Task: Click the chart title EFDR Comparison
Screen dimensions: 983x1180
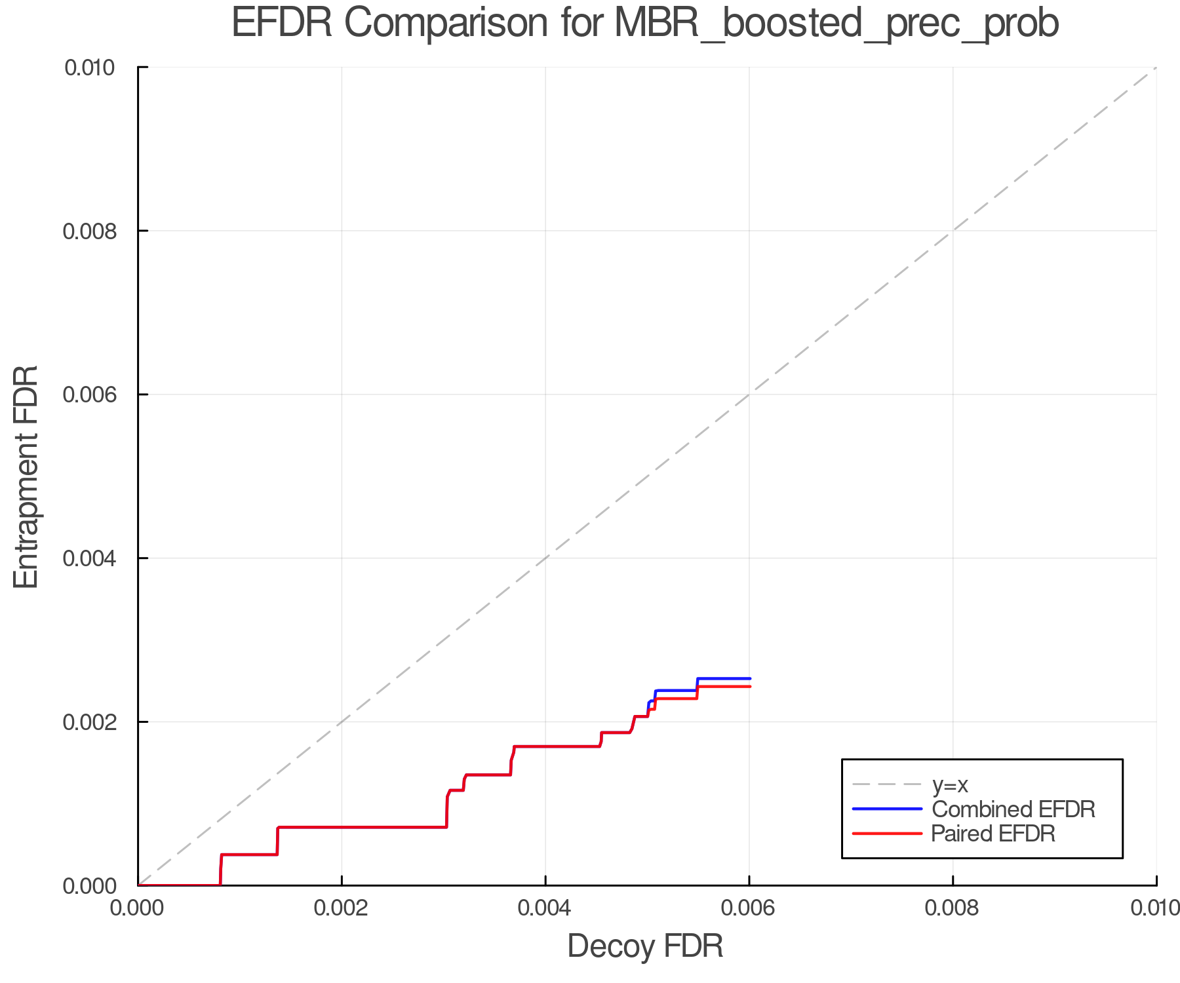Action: click(645, 24)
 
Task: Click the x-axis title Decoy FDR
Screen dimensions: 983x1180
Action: click(645, 946)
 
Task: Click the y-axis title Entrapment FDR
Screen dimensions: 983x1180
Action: click(26, 477)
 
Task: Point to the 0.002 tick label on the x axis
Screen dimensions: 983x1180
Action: click(342, 908)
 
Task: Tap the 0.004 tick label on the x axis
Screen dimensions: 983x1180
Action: click(545, 908)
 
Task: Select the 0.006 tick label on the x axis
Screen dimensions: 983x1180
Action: click(749, 908)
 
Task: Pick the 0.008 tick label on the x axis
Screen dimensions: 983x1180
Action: click(953, 908)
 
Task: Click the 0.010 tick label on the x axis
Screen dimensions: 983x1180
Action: click(1155, 908)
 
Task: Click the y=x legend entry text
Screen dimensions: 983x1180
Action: click(950, 784)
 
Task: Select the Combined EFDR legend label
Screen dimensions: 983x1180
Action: click(1013, 809)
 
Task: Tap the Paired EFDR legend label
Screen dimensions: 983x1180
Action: click(993, 834)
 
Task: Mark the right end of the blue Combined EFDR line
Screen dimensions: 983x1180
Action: click(749, 678)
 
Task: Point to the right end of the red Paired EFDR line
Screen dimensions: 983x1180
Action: click(749, 686)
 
